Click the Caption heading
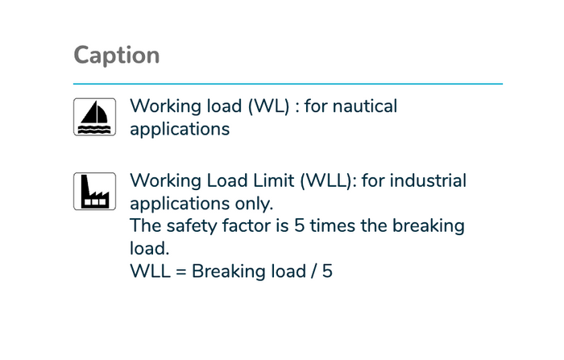117,56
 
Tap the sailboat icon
94,117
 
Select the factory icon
94,192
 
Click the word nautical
365,106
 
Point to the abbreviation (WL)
268,106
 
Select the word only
254,204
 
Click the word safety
192,226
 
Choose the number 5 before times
299,226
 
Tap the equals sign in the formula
181,272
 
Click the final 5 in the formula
327,271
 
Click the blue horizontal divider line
288,84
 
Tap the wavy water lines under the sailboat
94,130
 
